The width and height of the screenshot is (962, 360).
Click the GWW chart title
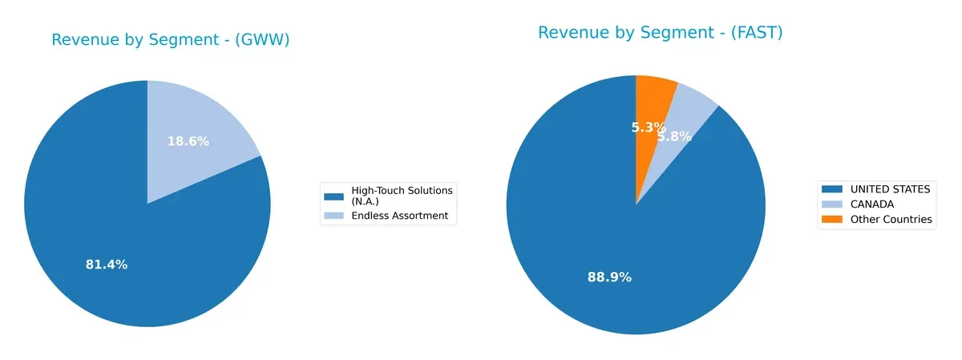click(x=170, y=40)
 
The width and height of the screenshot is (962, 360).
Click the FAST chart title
click(x=660, y=33)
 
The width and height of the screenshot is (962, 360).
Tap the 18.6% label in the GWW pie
click(x=188, y=141)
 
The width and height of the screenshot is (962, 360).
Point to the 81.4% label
click(x=107, y=265)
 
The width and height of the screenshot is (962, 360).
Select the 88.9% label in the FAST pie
click(x=609, y=277)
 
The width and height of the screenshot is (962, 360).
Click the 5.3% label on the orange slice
click(x=649, y=127)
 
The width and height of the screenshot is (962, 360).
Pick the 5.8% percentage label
click(x=675, y=136)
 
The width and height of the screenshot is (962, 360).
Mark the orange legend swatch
click(x=831, y=220)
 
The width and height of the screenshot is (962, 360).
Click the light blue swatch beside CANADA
click(x=831, y=204)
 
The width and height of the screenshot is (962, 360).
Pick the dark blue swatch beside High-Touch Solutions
click(x=333, y=196)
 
